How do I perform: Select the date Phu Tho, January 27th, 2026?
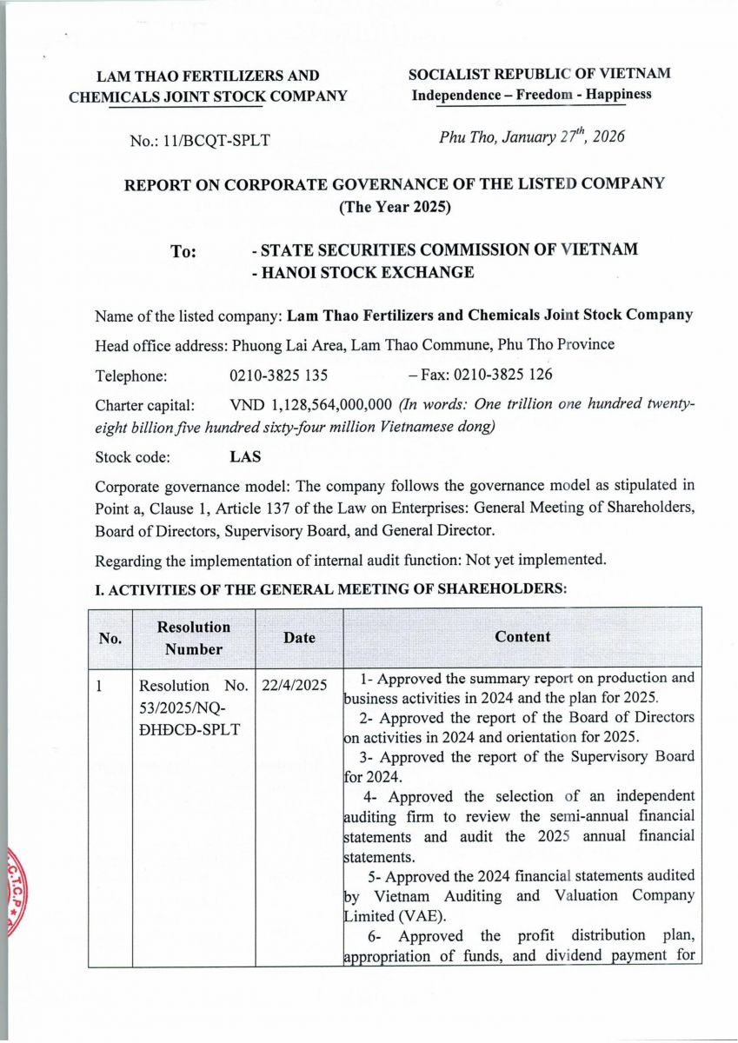pyautogui.click(x=532, y=137)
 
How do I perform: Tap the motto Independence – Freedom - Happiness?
pyautogui.click(x=531, y=95)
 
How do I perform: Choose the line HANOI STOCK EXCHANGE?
pyautogui.click(x=362, y=273)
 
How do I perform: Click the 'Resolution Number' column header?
pyautogui.click(x=194, y=637)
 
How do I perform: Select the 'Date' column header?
pyautogui.click(x=299, y=638)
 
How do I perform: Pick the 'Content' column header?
pyautogui.click(x=522, y=637)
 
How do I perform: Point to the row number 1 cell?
pyautogui.click(x=100, y=685)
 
